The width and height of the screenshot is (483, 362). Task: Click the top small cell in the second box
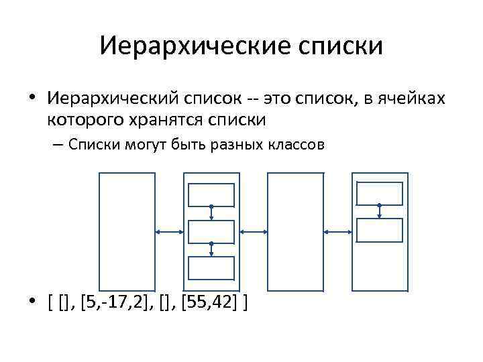(211, 194)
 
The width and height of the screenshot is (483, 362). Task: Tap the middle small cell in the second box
(211, 231)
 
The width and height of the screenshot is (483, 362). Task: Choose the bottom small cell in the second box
(211, 267)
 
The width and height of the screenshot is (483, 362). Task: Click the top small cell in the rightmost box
(380, 194)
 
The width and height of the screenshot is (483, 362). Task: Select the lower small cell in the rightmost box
(380, 230)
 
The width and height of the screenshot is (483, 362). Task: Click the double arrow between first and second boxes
(169, 231)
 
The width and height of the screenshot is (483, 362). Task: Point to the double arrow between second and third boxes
(254, 231)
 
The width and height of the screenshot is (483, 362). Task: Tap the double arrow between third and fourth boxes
(337, 231)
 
